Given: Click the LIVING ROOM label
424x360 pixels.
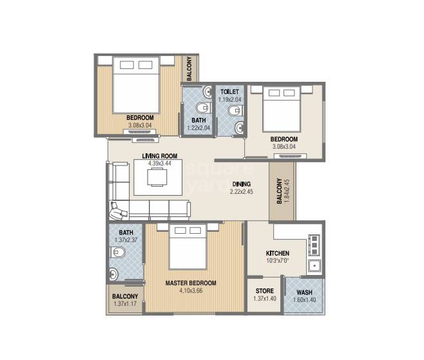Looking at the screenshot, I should [159, 155].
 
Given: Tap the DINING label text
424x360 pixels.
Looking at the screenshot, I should [242, 184].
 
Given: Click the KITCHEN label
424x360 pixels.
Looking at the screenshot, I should [277, 253].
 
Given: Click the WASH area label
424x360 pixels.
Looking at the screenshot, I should [305, 292].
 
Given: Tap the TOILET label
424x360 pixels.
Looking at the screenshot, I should [229, 92].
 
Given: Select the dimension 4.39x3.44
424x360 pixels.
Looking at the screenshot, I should [159, 164].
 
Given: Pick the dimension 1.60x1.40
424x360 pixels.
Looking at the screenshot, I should [305, 299].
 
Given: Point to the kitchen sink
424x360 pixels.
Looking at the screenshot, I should [315, 265].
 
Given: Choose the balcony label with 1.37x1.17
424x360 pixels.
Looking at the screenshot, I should [125, 299].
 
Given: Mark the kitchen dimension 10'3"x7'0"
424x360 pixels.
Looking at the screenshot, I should [277, 261].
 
